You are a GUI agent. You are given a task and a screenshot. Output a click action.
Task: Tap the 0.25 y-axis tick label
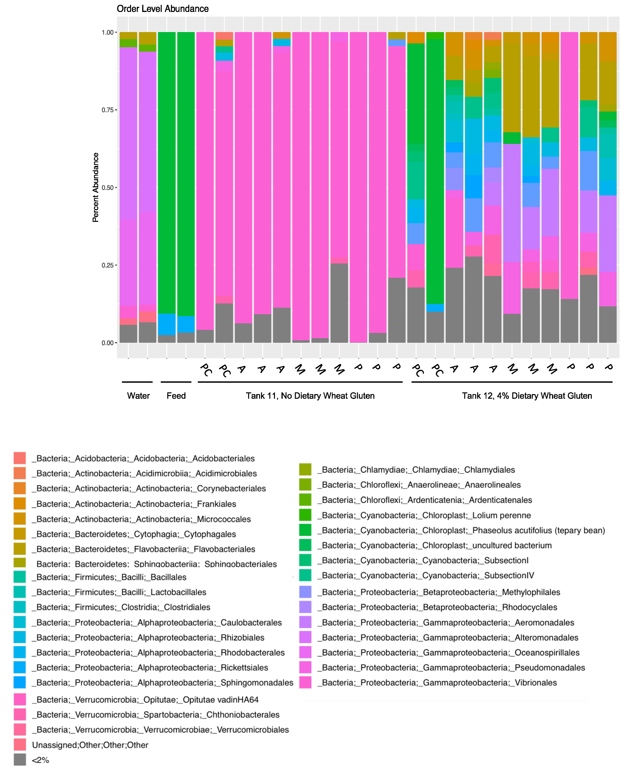click(108, 265)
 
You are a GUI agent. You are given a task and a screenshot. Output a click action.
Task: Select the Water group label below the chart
click(138, 396)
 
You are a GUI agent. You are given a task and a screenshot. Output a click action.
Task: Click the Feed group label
click(176, 396)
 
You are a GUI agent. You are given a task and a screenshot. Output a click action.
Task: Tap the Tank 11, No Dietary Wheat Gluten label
click(310, 396)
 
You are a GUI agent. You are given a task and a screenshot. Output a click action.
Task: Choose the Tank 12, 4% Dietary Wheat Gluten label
click(527, 396)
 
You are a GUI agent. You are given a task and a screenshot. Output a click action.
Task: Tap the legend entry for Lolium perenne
click(426, 515)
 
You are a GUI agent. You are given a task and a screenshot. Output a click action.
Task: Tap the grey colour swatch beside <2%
click(20, 760)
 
